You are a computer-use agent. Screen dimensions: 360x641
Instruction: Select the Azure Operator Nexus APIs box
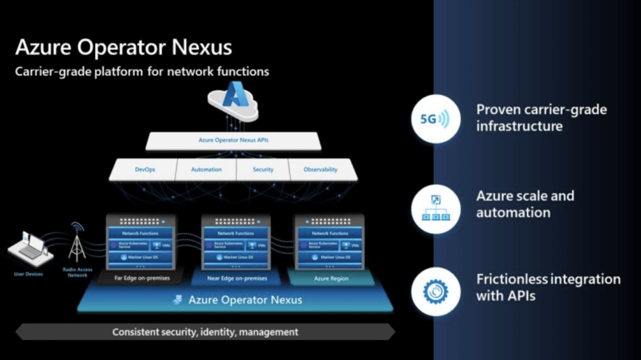(x=233, y=141)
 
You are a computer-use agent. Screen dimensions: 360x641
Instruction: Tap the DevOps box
(x=144, y=170)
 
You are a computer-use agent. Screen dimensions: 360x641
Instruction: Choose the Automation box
(x=206, y=170)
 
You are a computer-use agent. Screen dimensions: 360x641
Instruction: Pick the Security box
(x=263, y=170)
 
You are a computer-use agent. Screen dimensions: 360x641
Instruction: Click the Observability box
(x=320, y=170)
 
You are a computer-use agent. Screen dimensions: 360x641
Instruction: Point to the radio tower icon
(x=78, y=242)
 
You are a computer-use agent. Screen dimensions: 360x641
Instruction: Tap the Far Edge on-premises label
(x=141, y=278)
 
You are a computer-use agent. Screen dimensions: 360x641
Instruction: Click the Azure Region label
(x=331, y=278)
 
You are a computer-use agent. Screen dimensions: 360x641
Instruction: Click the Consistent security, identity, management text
(x=205, y=332)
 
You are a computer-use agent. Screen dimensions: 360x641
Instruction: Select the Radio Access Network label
(x=77, y=272)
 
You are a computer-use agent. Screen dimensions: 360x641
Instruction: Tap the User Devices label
(x=28, y=274)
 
